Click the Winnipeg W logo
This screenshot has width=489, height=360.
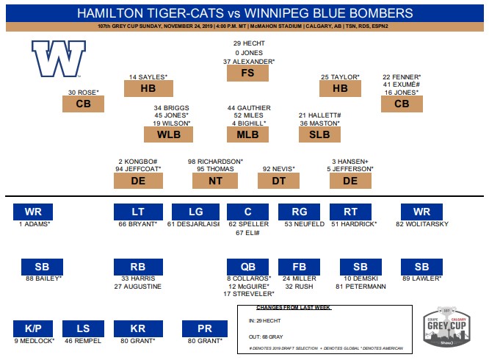point(57,60)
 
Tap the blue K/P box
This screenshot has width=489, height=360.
point(33,328)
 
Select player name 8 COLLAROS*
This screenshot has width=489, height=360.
point(248,279)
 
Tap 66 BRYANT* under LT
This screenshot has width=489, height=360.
point(138,223)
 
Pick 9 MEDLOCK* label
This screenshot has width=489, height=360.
point(34,341)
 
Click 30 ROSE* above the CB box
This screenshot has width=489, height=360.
point(84,93)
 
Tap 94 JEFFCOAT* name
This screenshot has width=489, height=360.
point(138,169)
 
